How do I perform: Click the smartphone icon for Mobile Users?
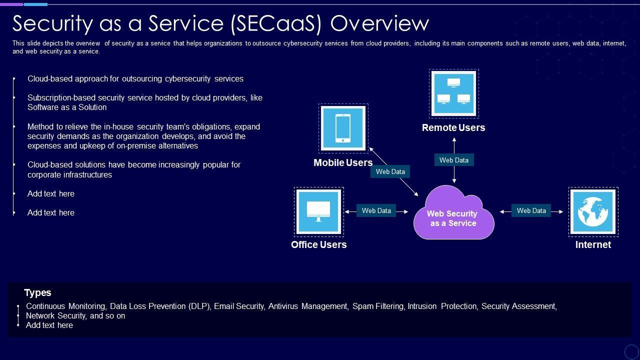(x=343, y=128)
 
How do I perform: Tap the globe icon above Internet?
(x=593, y=211)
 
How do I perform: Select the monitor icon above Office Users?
(x=318, y=211)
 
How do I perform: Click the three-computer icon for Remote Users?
(x=453, y=93)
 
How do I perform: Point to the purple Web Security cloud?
(x=453, y=215)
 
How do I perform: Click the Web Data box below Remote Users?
(x=454, y=160)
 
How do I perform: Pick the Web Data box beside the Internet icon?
(x=531, y=210)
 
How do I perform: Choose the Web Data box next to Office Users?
(x=376, y=210)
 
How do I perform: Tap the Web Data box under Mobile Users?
(x=390, y=171)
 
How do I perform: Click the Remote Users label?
(x=453, y=127)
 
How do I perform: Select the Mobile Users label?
(x=343, y=162)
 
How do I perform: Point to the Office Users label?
(x=318, y=244)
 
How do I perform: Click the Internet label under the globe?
(x=593, y=244)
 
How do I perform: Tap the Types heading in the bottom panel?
(x=37, y=292)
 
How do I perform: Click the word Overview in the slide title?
(x=379, y=23)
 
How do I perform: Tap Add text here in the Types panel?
(x=49, y=325)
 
